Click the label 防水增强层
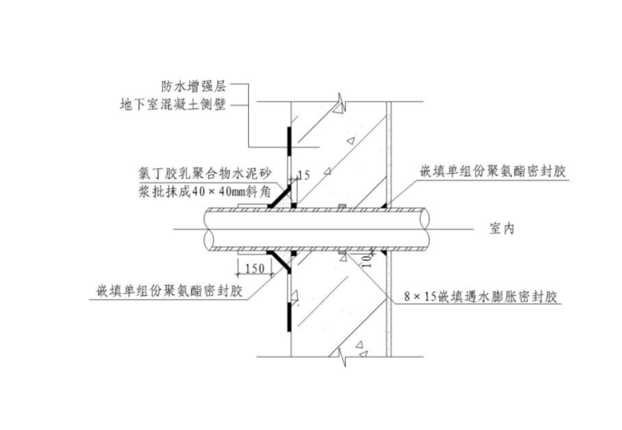(x=194, y=86)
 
